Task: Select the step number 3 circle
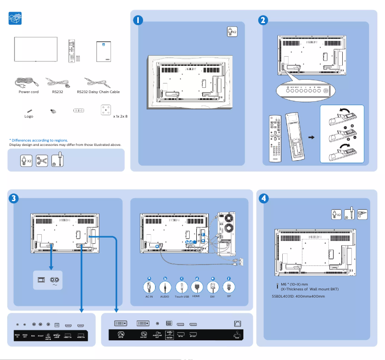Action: click(x=14, y=198)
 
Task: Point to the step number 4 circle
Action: click(x=264, y=198)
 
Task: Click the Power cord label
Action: click(x=28, y=92)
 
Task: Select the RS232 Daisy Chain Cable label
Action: click(x=98, y=92)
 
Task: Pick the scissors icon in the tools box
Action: click(x=42, y=160)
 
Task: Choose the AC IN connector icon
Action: click(x=149, y=287)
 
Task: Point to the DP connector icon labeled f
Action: click(x=229, y=287)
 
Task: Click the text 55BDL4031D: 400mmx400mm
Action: click(x=298, y=296)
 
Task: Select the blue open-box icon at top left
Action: click(x=15, y=19)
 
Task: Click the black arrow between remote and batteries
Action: click(x=311, y=137)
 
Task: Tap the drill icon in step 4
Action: click(x=362, y=214)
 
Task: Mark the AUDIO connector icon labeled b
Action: click(x=165, y=287)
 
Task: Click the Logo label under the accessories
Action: click(x=29, y=116)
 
